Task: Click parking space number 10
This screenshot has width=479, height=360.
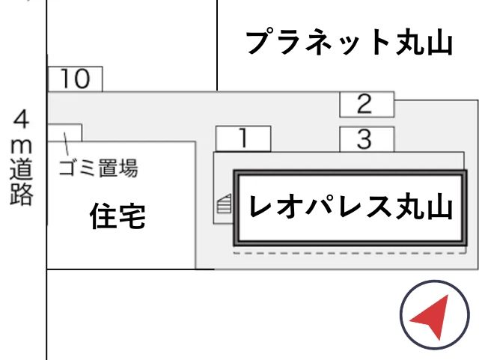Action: coord(75,79)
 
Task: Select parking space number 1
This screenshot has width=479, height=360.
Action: coord(243,138)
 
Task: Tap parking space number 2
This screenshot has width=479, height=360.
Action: coord(367,105)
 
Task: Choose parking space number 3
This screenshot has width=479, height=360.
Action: coord(367,139)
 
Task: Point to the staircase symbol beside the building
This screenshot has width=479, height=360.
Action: coord(225,204)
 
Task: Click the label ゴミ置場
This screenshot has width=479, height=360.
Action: coord(98,168)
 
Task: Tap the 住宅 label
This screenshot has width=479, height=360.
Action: coord(118,216)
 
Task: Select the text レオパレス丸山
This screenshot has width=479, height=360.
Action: coord(350,207)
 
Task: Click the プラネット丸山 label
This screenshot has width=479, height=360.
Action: coord(350,42)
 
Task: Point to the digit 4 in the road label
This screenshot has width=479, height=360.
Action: coord(22,119)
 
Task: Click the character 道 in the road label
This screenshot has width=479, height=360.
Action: coord(22,170)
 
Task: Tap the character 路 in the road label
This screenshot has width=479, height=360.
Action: coord(22,195)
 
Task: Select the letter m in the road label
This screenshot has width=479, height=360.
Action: coord(22,147)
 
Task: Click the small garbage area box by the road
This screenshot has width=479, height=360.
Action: coord(64,132)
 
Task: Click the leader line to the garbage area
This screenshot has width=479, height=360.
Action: coord(66,144)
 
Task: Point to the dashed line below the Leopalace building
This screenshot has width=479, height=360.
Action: coord(350,253)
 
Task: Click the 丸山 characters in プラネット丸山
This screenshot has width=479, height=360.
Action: coord(424,43)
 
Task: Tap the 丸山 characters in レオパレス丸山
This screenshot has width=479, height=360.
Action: coord(424,207)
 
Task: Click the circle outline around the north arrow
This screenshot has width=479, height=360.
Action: coord(400,315)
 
